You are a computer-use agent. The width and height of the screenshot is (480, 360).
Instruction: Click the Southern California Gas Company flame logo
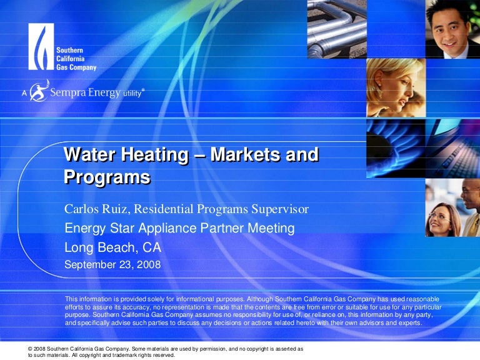click(41, 46)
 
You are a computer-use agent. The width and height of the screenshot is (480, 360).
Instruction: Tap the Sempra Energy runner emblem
click(39, 91)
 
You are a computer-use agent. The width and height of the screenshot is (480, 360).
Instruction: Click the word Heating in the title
click(154, 154)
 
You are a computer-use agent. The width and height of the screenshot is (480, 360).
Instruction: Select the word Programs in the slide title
click(107, 177)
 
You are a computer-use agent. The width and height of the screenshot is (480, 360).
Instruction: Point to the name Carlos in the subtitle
click(81, 209)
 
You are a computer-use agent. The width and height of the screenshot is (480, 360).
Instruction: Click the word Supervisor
click(280, 210)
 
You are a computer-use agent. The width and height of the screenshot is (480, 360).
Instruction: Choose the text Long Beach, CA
click(112, 247)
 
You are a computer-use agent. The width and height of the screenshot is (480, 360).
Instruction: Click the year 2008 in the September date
click(149, 265)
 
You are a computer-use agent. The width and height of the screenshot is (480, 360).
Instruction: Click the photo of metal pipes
click(337, 29)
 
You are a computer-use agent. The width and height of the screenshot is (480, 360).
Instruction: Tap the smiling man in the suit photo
click(452, 29)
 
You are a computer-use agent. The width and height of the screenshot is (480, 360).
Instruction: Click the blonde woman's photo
click(396, 87)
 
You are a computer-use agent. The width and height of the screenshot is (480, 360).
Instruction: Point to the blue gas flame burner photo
click(396, 149)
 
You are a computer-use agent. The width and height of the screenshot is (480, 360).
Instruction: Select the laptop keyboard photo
click(452, 149)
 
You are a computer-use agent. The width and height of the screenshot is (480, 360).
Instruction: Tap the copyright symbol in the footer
click(30, 349)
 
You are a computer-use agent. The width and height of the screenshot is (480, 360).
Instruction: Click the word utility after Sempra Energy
click(132, 93)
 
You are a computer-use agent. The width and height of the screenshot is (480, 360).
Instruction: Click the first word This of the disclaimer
click(71, 299)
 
